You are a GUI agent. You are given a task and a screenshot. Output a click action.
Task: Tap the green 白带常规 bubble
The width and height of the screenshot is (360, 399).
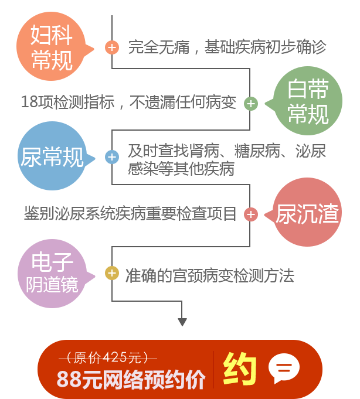(x=308, y=103)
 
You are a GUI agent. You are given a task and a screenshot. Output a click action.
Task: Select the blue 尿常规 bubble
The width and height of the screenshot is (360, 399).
(x=52, y=156)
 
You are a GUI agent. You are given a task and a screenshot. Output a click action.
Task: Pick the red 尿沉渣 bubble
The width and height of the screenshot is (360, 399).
(x=307, y=214)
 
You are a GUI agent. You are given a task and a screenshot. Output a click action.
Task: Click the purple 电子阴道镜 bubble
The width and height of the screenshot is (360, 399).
(x=52, y=274)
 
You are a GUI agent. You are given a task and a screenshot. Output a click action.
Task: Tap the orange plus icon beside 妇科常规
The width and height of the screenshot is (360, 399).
(x=112, y=47)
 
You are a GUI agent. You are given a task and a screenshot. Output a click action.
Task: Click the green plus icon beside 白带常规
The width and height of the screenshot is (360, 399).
(x=250, y=104)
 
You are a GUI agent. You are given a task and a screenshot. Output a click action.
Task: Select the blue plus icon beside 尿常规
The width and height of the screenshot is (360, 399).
(x=111, y=157)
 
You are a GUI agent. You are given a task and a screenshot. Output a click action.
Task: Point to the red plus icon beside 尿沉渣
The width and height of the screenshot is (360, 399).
(x=250, y=214)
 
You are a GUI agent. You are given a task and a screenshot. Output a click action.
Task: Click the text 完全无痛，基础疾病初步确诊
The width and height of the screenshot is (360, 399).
(x=226, y=47)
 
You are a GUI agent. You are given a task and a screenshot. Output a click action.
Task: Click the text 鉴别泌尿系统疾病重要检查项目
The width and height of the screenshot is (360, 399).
(x=130, y=214)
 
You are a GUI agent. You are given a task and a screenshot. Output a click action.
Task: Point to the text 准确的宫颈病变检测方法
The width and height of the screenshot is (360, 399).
(x=209, y=275)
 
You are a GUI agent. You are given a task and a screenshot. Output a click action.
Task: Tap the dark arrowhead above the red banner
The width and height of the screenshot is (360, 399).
(x=182, y=322)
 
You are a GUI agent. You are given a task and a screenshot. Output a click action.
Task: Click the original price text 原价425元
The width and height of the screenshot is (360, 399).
(x=108, y=357)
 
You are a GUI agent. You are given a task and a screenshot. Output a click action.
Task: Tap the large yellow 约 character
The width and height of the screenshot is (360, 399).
(x=240, y=369)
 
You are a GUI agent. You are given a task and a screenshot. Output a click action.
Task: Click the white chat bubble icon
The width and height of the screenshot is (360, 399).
(x=284, y=369)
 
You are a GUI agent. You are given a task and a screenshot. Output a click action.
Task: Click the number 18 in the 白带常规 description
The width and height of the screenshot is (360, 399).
(x=28, y=103)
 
